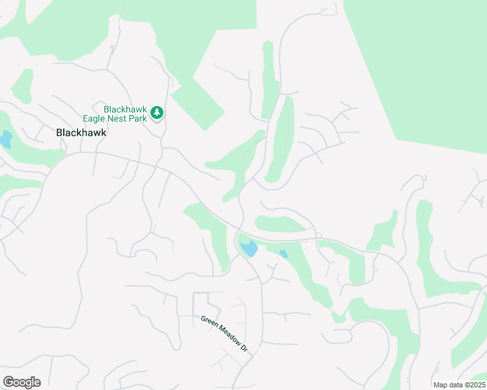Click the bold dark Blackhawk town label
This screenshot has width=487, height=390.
[x=81, y=132]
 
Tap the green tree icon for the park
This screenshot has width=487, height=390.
[x=156, y=113]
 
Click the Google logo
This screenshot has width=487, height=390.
[x=21, y=382]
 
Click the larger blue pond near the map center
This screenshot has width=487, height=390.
[x=247, y=248]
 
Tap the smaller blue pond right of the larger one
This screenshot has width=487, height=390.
[x=283, y=254]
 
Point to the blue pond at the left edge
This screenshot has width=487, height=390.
[x=5, y=139]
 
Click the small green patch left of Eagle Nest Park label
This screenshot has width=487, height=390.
[x=21, y=84]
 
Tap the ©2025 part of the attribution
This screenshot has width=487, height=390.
[x=472, y=385]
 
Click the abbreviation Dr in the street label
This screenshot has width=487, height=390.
[x=244, y=348]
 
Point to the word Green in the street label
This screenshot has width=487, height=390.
[x=208, y=322]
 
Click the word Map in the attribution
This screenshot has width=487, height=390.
[x=441, y=385]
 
